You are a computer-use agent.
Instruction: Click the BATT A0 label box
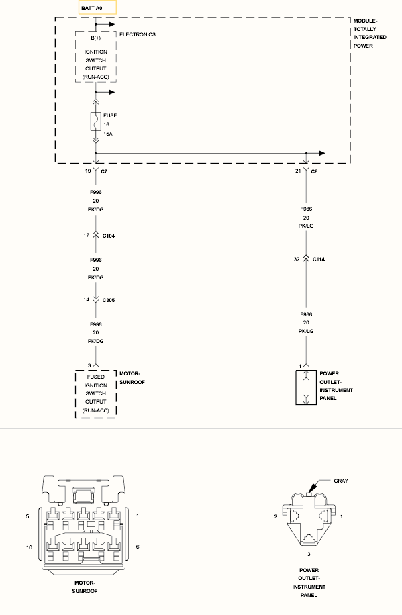point(97,8)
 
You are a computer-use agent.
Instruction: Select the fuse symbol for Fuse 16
point(96,122)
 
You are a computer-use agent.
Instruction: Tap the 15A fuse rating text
point(108,134)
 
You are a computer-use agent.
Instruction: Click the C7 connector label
point(104,171)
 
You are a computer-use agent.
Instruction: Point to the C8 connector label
point(314,171)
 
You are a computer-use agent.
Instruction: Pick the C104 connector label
point(109,236)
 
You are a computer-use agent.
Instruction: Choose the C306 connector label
point(109,300)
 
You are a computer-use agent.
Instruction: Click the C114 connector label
point(319,259)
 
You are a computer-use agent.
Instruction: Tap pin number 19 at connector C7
point(88,171)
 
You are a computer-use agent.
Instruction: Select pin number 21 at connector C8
point(298,171)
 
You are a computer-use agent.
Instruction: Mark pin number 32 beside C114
point(297,259)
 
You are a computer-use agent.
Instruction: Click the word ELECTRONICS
point(138,34)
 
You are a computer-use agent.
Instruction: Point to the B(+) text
point(96,38)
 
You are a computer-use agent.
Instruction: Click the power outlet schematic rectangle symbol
point(306,387)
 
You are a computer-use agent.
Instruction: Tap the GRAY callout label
point(341,481)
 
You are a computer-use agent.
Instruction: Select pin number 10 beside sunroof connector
point(29,547)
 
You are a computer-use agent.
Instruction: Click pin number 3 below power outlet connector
point(309,554)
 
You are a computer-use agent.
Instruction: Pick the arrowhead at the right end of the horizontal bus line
point(322,153)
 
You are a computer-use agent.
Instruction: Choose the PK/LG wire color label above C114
point(306,226)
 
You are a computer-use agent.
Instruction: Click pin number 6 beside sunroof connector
point(138,547)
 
